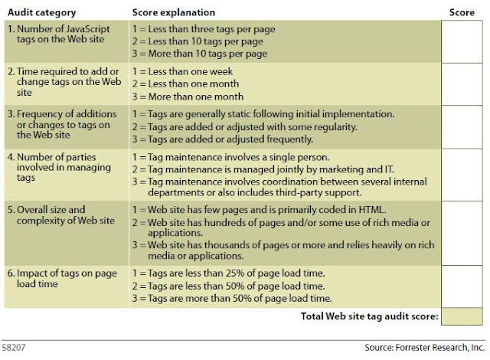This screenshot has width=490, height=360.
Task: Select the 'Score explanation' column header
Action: (173, 13)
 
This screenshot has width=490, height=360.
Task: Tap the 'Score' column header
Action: (462, 13)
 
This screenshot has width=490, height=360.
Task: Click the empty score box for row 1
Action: (462, 41)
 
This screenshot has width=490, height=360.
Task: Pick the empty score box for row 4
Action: (462, 175)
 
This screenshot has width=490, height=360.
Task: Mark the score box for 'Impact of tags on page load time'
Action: (462, 287)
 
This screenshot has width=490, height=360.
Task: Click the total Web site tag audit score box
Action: (462, 316)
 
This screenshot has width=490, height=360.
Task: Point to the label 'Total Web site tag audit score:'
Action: (372, 316)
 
